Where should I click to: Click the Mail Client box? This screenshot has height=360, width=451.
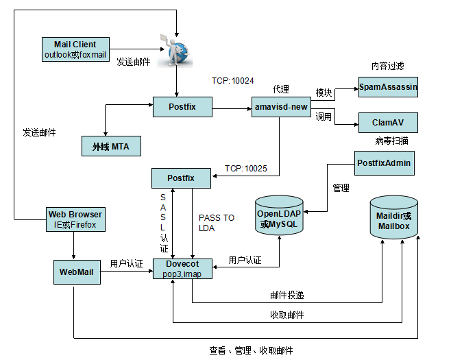tap(75, 49)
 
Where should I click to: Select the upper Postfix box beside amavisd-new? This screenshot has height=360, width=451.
tap(182, 107)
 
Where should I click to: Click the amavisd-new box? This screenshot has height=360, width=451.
tap(281, 107)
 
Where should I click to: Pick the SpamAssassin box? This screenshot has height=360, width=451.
tap(388, 88)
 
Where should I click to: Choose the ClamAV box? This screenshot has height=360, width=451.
tap(388, 122)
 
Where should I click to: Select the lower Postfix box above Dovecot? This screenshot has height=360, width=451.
tap(181, 178)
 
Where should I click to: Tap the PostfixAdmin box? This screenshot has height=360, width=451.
tap(385, 163)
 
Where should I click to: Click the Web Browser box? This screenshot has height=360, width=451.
tap(75, 219)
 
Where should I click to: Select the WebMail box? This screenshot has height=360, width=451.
tap(77, 272)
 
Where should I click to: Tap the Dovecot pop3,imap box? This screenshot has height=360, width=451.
tap(181, 269)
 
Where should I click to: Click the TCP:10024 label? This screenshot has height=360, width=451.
tap(232, 81)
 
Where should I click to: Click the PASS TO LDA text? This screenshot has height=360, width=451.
tap(216, 223)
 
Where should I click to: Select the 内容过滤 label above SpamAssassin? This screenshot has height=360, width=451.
tap(388, 67)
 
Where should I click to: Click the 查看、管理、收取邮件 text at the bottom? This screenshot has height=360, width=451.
tap(251, 350)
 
